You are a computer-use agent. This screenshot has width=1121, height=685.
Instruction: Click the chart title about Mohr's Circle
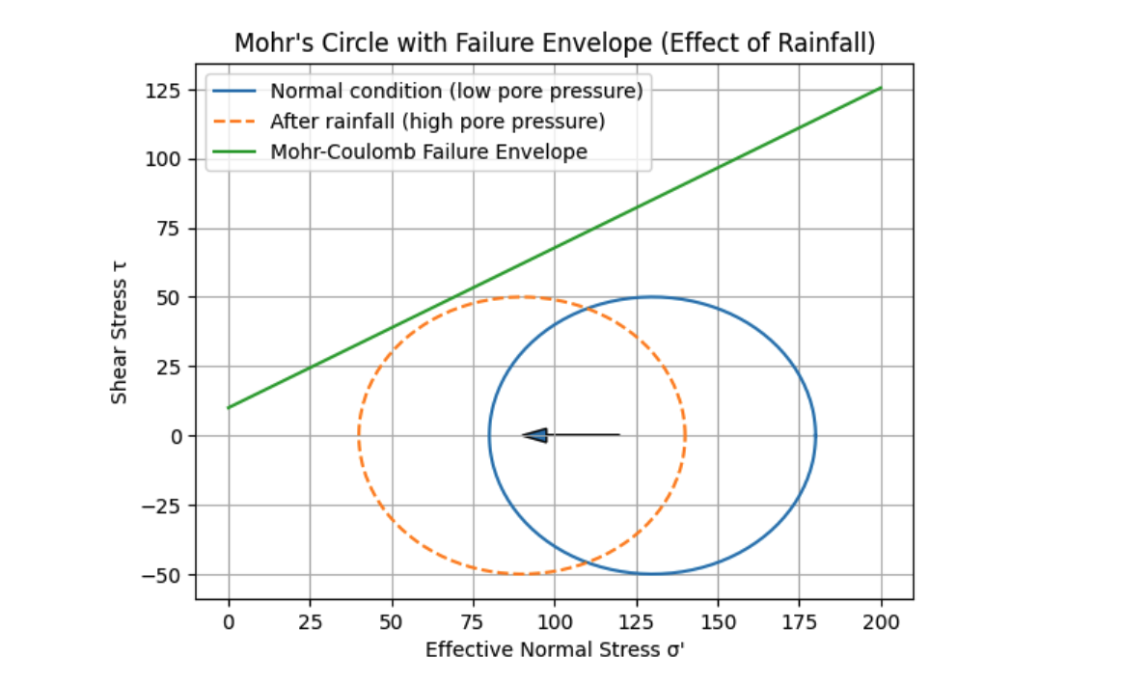coord(555,43)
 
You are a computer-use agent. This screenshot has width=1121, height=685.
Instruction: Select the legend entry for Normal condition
coord(455,92)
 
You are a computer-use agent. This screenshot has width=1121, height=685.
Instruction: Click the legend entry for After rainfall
coord(437,122)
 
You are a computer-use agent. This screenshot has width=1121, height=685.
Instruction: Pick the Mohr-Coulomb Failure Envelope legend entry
coord(428,151)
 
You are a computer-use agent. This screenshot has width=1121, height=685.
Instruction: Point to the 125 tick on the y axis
coord(165,91)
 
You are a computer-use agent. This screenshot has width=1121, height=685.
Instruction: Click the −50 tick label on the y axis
coord(162,575)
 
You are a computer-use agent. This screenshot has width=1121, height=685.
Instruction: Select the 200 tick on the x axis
coord(881,622)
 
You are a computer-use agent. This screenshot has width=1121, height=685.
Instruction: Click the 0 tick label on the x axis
coord(229,622)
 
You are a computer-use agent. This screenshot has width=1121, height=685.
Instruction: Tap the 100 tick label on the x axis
coord(555,622)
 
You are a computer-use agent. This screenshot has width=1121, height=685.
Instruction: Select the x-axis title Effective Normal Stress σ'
coord(555,650)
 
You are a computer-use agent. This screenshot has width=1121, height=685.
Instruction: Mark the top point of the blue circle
coord(652,296)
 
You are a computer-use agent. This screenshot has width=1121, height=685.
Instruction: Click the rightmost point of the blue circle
coord(816,435)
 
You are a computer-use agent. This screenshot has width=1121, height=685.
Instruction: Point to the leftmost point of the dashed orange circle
coord(359,435)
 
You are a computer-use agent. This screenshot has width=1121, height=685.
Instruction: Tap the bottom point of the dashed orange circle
coord(522,574)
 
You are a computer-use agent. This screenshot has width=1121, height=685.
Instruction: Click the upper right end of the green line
coord(881,88)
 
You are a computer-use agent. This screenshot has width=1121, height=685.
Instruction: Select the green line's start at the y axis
coord(229,407)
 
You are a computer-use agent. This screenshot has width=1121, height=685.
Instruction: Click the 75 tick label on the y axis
coord(169,230)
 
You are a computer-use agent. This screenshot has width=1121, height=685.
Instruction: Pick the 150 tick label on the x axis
coord(718,622)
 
